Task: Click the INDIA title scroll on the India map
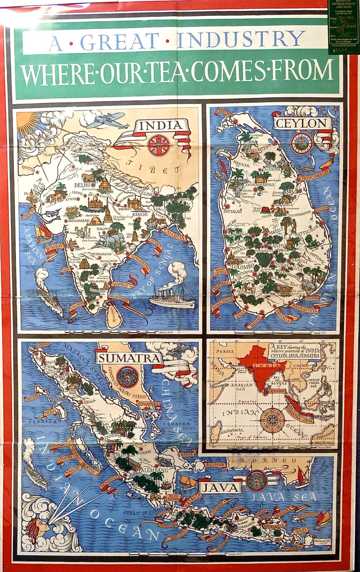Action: click(159, 126)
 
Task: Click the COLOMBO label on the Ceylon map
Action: click(242, 267)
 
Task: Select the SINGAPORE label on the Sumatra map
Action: click(148, 404)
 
